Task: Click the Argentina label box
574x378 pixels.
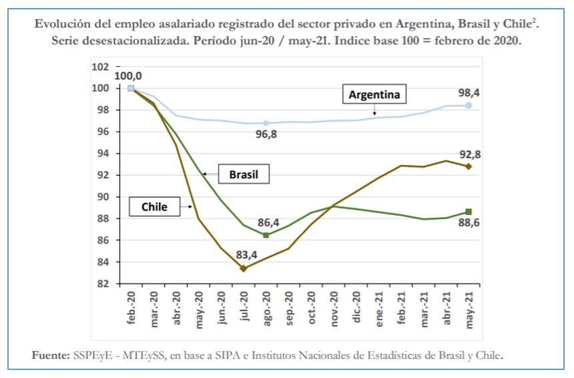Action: coord(374,95)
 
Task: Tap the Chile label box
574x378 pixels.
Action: coord(154,207)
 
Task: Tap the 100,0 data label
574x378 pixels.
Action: coord(128,75)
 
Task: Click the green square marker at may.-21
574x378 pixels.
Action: coord(469,212)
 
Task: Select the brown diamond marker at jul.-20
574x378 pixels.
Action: coord(244,268)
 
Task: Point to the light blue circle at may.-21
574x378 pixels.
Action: coord(469,106)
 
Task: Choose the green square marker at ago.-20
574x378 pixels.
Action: coord(266,235)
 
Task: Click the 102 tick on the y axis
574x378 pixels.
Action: coord(100,67)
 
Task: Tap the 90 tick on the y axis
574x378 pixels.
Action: coord(103,197)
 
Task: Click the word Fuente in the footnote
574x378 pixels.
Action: coord(51,354)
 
